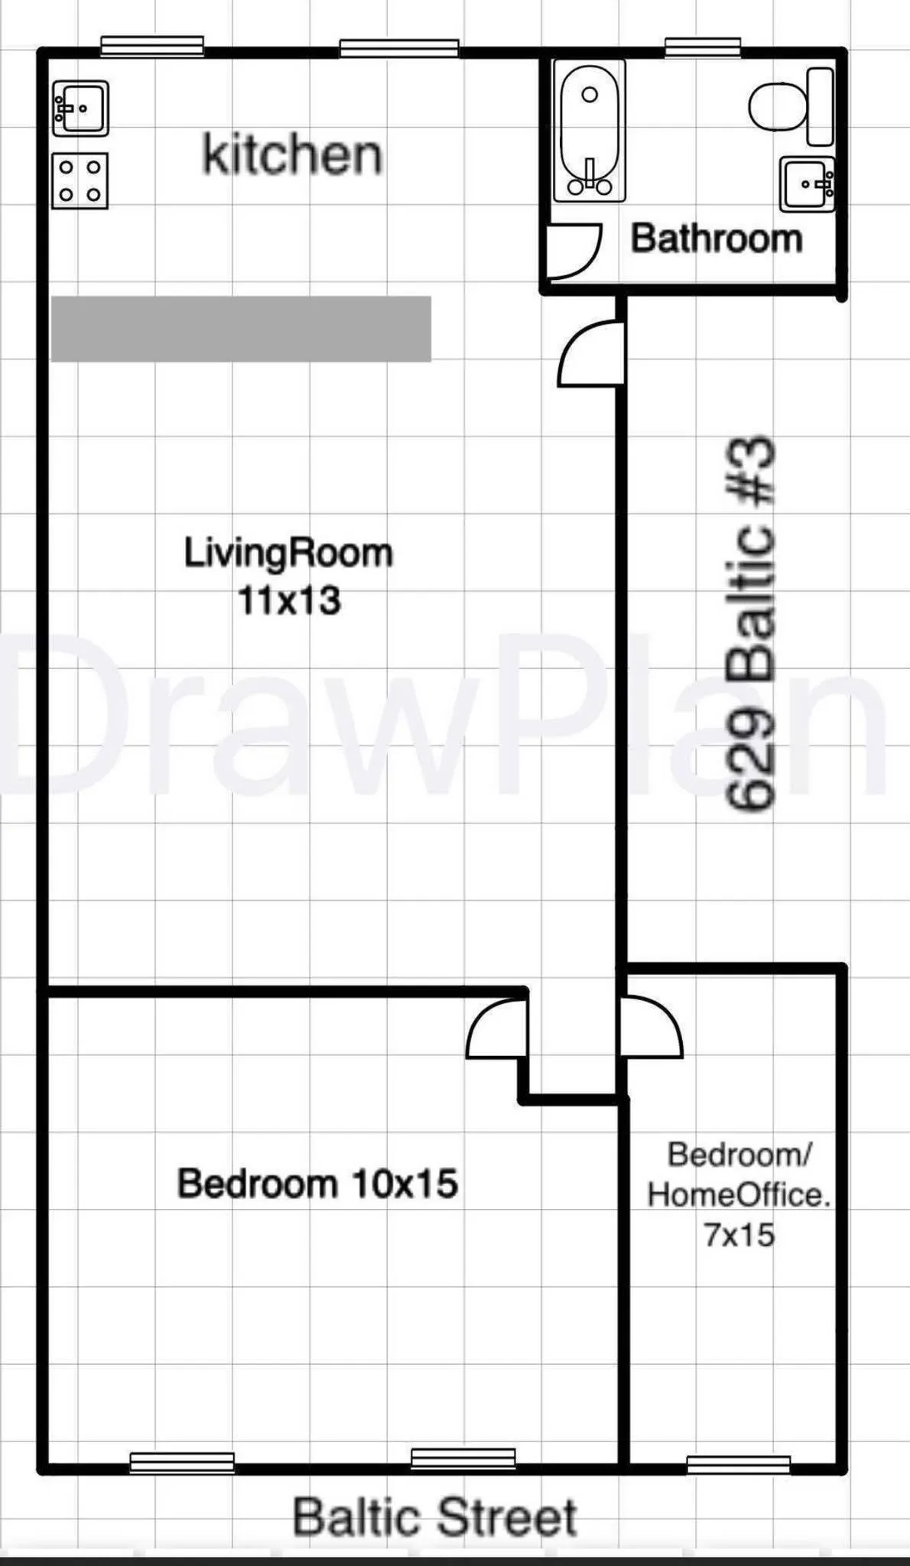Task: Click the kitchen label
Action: pos(292,154)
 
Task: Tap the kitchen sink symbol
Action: pos(80,109)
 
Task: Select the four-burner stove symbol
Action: pos(80,181)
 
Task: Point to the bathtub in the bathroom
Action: pos(590,131)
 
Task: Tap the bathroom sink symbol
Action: pos(807,184)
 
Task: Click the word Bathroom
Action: pos(717,239)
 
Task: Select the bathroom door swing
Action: pos(574,251)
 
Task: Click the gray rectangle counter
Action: pos(241,329)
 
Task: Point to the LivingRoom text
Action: pos(288,553)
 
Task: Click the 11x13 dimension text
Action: pos(289,601)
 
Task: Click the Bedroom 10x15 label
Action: pos(317,1184)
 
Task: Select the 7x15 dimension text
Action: pos(739,1235)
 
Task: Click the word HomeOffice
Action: pos(739,1195)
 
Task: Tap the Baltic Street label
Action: pos(434,1518)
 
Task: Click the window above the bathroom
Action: pos(702,47)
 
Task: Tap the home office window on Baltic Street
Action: pos(738,1464)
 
